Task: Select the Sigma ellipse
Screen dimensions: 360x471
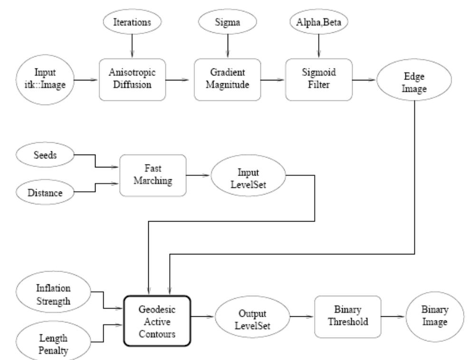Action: click(x=226, y=22)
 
